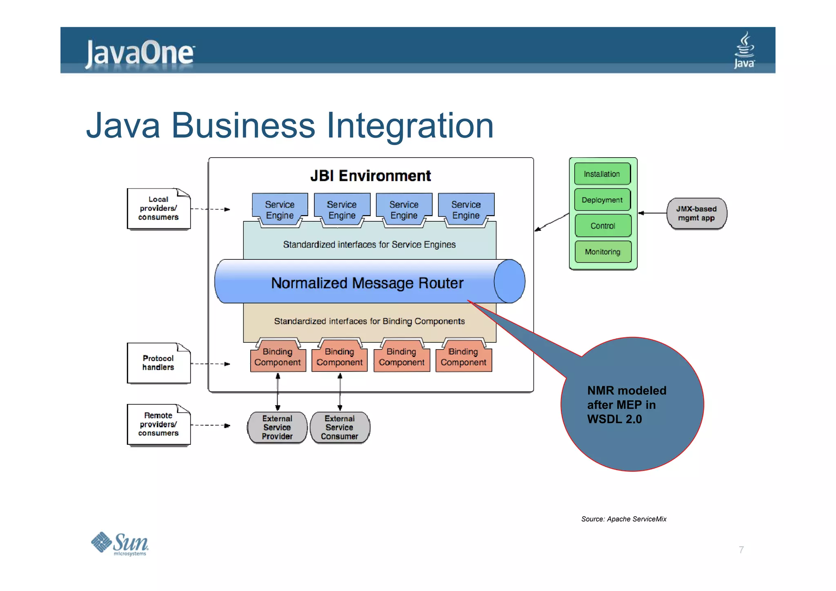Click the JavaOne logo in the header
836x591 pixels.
[x=140, y=53]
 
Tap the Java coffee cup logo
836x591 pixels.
[x=744, y=50]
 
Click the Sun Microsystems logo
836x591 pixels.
[x=120, y=544]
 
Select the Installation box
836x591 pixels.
[x=602, y=174]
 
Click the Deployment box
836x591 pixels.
[x=602, y=200]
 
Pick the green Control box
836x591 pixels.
[x=603, y=225]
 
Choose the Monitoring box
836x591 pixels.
[x=603, y=252]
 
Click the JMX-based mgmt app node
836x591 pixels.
[x=696, y=213]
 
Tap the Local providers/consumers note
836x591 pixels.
[x=158, y=209]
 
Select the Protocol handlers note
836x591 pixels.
[x=158, y=363]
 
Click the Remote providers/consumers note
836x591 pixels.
[x=158, y=424]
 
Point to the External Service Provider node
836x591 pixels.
[x=277, y=427]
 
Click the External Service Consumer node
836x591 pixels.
[x=340, y=427]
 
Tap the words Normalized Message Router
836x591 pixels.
[x=367, y=283]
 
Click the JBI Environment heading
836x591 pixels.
[x=370, y=176]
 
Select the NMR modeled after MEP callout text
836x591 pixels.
[x=626, y=404]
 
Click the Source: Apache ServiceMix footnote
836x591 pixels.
[x=623, y=519]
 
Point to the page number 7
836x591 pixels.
[x=741, y=550]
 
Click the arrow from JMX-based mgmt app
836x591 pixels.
[x=652, y=213]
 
